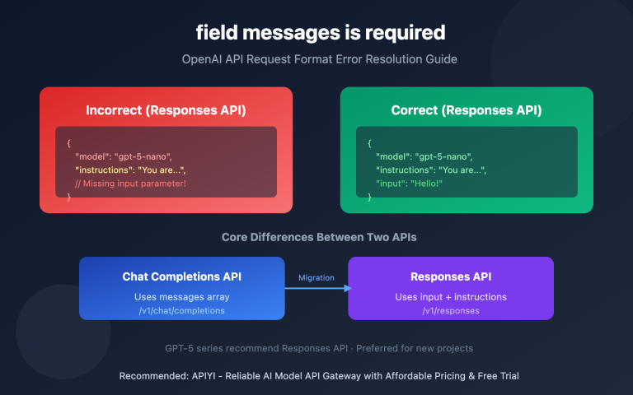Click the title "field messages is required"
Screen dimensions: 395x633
coord(320,33)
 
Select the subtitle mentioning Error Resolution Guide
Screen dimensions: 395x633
coord(320,59)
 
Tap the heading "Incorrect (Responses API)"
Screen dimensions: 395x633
coord(166,109)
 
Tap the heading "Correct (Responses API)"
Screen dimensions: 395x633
coord(467,109)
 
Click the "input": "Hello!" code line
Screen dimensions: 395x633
coord(409,184)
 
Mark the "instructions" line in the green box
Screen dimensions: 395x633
coord(431,170)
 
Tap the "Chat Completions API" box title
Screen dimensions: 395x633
coord(182,277)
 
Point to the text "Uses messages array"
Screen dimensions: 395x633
coord(182,296)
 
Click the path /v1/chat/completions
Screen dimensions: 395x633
coord(182,310)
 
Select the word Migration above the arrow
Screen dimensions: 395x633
coord(316,277)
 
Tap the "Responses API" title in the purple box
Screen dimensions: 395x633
coord(451,277)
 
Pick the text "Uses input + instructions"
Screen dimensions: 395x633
coord(451,296)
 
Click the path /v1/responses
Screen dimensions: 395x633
coord(451,310)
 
